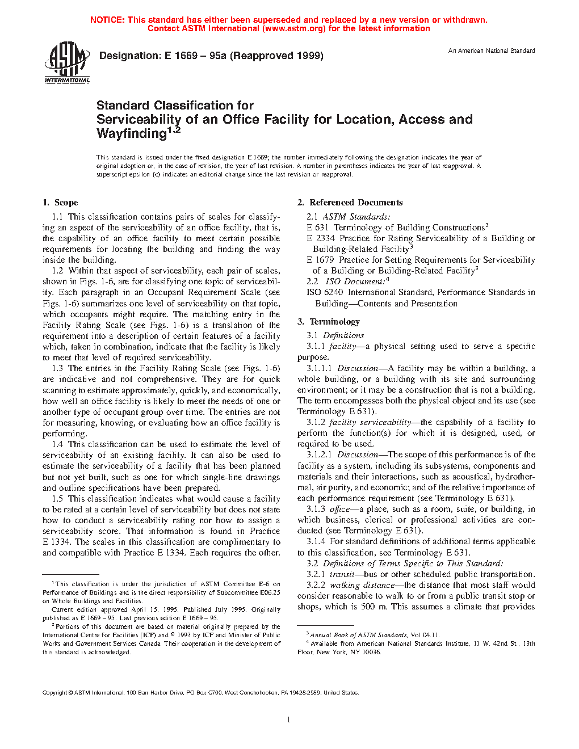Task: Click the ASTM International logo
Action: coord(67,62)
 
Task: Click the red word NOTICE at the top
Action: coord(107,20)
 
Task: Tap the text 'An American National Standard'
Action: coord(492,51)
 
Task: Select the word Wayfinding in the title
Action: coord(131,134)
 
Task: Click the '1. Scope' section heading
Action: coord(60,203)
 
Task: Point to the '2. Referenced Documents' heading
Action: coord(350,203)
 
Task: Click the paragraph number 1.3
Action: coord(57,368)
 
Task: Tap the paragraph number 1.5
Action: coord(57,499)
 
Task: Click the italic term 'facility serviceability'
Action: coord(370,422)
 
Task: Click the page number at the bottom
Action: coord(289,720)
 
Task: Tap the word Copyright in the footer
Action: coord(55,693)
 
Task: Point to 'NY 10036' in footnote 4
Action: coord(366,653)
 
